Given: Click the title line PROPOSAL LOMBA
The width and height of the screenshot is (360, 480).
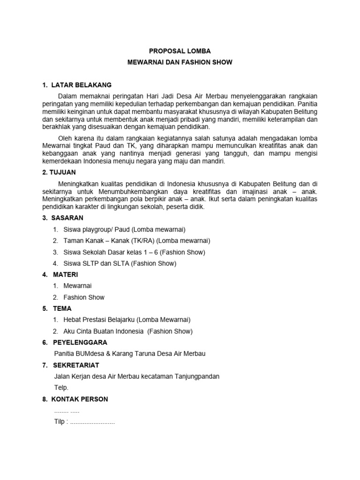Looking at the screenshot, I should click(180, 51).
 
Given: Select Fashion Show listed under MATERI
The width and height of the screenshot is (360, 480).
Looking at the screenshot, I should click(84, 297).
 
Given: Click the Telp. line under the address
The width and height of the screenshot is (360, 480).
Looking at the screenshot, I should click(61, 387).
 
